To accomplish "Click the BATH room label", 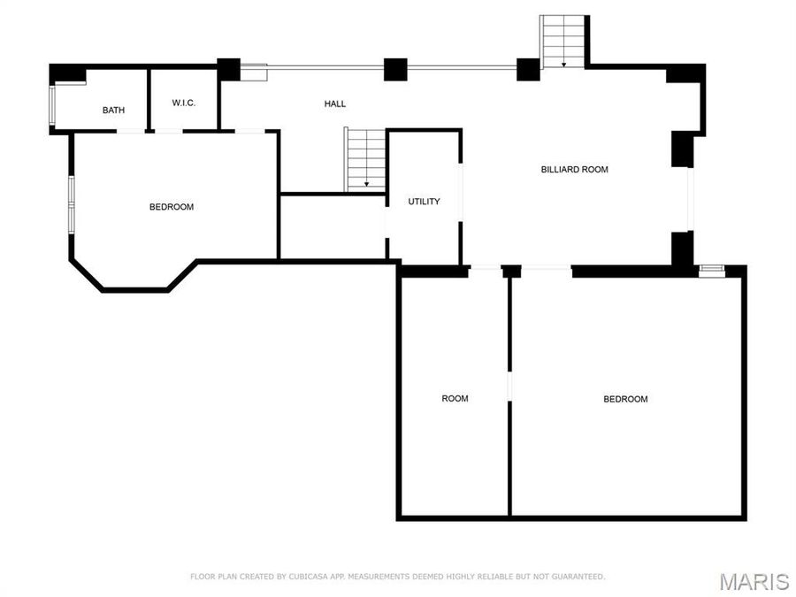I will point(113,111).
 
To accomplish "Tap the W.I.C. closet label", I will point(184,103).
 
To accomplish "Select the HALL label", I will point(334,103).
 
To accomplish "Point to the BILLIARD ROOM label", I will point(574,169).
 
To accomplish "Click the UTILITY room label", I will point(424,202).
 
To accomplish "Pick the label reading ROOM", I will point(455,399).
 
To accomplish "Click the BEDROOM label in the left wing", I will point(171,207).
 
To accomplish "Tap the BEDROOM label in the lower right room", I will point(625,399).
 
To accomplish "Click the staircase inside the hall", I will point(364,159).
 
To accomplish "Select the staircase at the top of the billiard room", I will point(563,42).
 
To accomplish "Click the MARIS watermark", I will point(754,581).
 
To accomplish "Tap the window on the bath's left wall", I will point(53,105).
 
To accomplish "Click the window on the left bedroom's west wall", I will point(72,204).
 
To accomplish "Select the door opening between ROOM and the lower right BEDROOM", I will point(509,387).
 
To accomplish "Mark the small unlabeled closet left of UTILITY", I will point(333,226).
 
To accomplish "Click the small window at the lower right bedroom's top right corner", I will point(711,270).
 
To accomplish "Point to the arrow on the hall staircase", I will point(366,184).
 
